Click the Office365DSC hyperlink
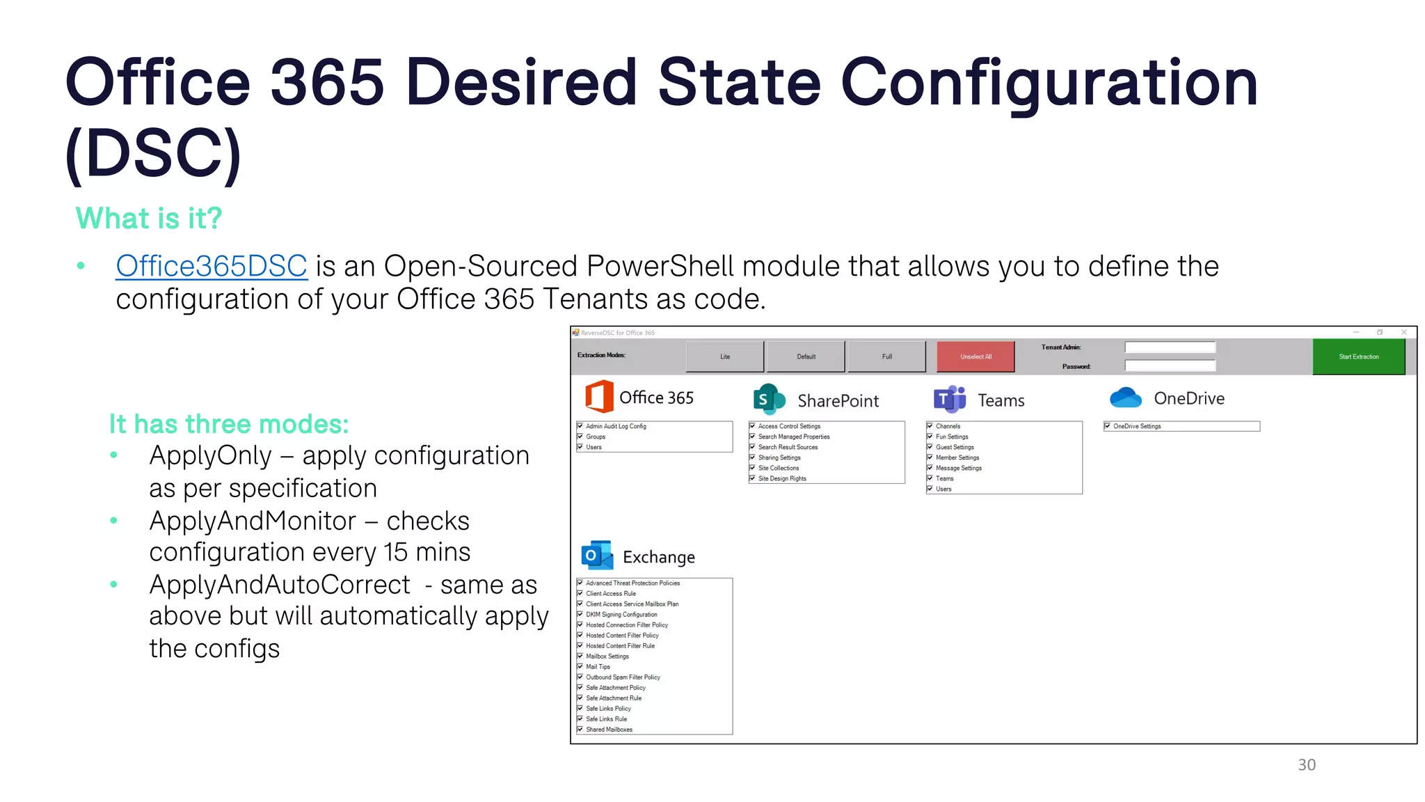pos(212,267)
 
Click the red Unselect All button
pos(976,356)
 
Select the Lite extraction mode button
pos(725,356)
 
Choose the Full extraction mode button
pos(886,356)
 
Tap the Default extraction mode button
pos(806,356)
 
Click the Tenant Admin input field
pos(1170,347)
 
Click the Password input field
pos(1170,365)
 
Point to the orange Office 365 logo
pos(599,397)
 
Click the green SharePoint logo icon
pos(769,399)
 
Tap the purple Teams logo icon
pos(950,399)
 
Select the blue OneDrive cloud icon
pos(1126,398)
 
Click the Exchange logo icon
pos(597,555)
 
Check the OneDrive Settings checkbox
pos(1108,426)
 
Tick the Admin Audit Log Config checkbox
pos(580,426)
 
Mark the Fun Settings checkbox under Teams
pos(930,437)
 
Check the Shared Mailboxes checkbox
pos(580,730)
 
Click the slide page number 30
pos(1307,764)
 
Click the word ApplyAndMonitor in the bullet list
pos(253,521)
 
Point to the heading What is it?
pos(148,219)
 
